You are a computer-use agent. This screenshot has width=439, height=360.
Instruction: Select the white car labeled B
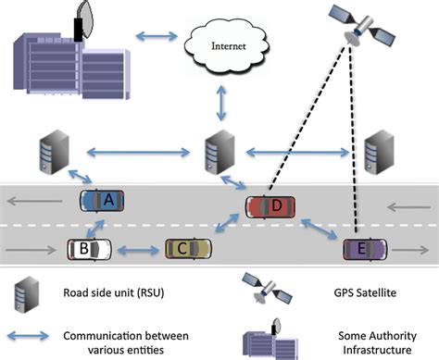pos(89,248)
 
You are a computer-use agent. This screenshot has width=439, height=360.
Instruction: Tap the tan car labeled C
pos(188,247)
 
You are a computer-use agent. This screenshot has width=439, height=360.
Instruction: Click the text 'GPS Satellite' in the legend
pos(358,292)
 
